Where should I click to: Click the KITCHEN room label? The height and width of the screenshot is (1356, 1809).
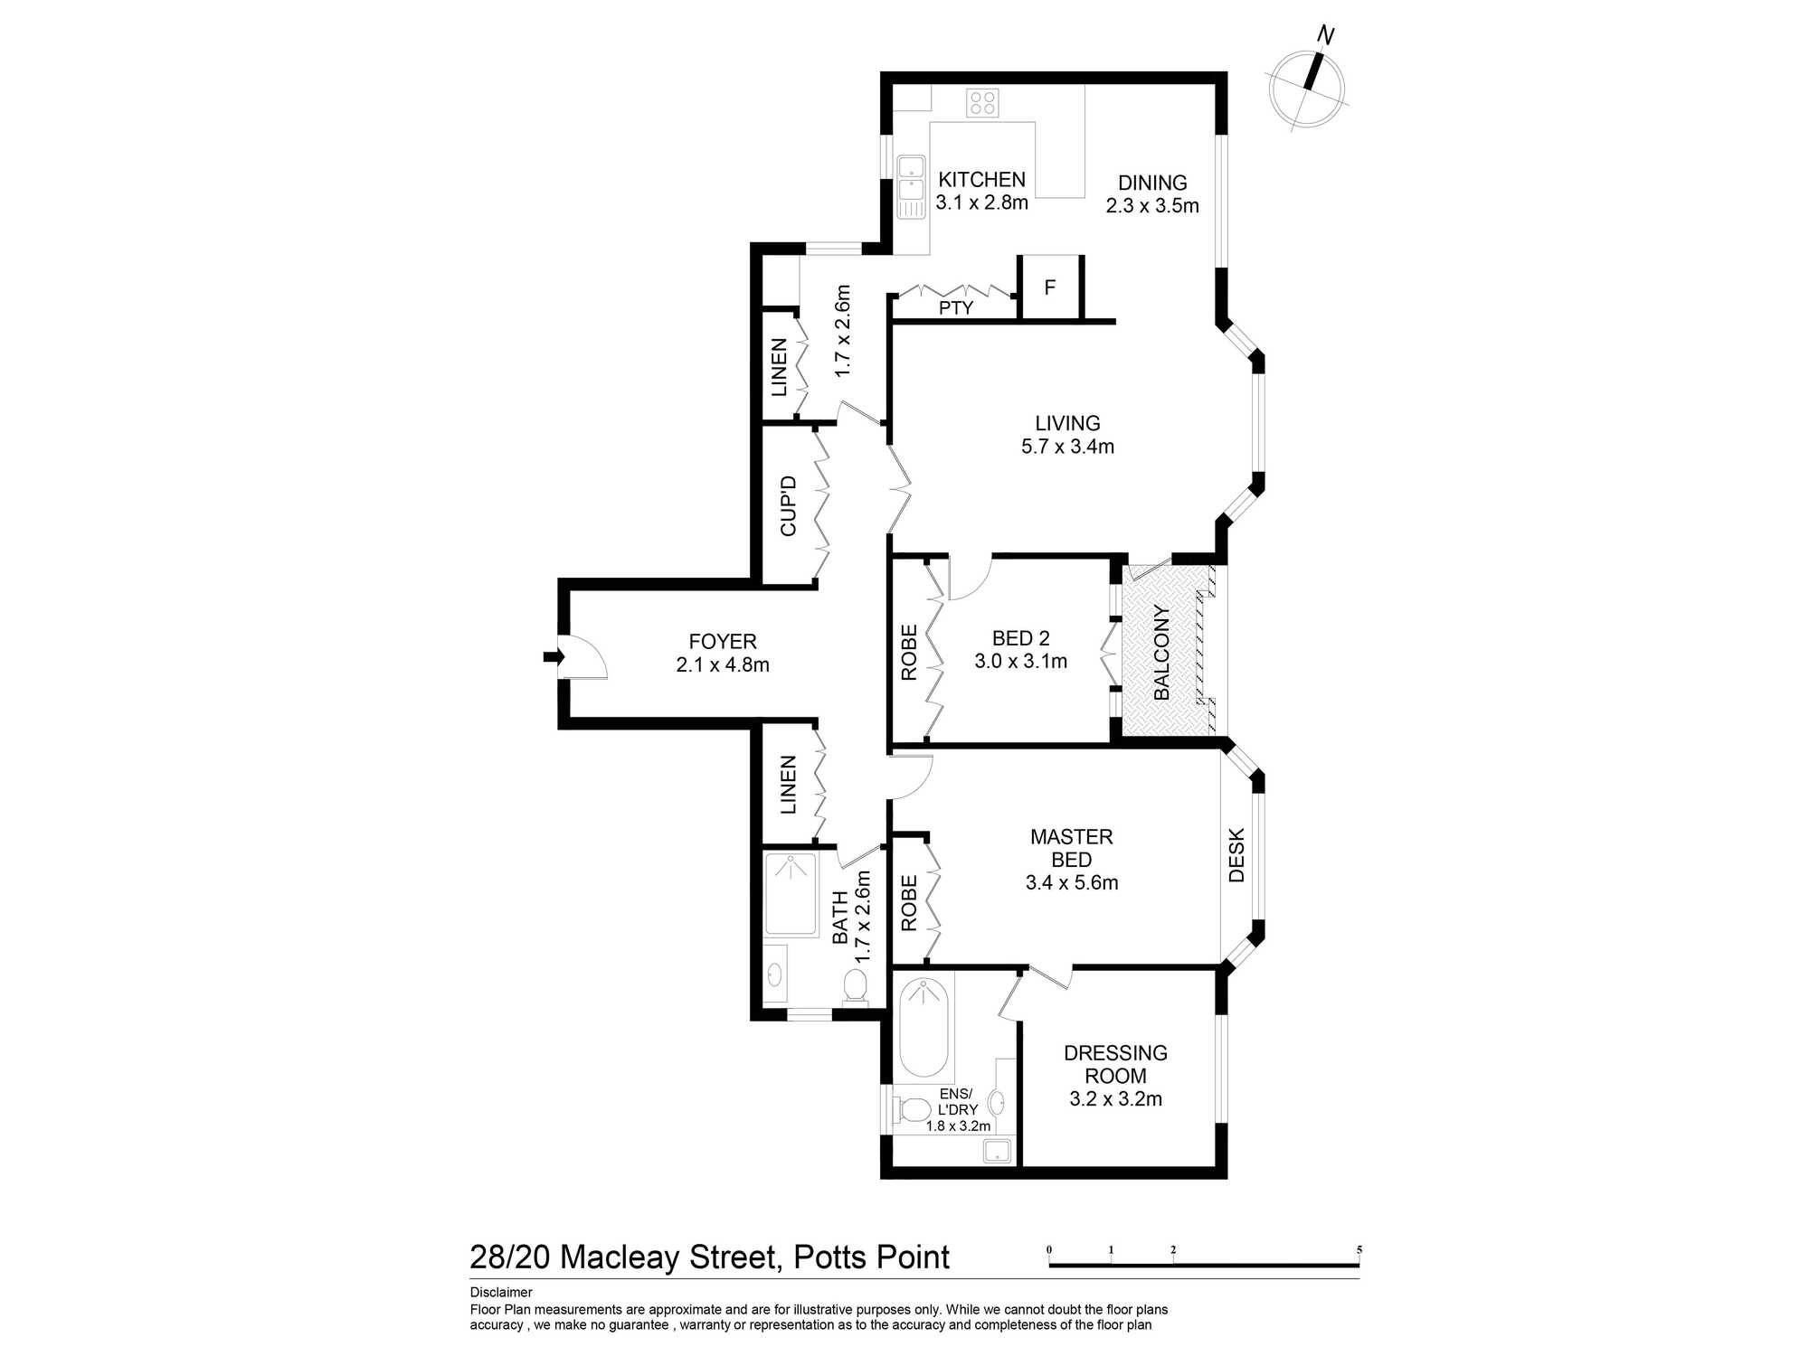981,180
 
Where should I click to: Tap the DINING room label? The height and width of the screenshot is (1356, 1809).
1151,184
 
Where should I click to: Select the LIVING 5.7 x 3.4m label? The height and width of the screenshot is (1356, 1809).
1067,435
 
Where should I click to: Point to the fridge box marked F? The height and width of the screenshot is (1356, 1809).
1050,287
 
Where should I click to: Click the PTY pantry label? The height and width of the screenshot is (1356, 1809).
956,308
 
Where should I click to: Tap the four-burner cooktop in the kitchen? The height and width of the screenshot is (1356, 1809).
982,102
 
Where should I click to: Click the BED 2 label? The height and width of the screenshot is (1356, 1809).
1020,639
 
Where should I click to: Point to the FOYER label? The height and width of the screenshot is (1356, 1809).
722,642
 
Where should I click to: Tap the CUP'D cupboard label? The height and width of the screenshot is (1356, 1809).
789,506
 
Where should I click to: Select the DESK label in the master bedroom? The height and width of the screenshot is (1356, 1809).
1236,855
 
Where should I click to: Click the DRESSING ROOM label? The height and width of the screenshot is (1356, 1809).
1115,1064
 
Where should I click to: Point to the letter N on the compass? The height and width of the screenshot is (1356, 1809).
1326,36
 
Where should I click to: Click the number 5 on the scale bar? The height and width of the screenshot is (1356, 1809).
1359,1250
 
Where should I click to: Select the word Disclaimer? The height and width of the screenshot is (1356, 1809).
501,1293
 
